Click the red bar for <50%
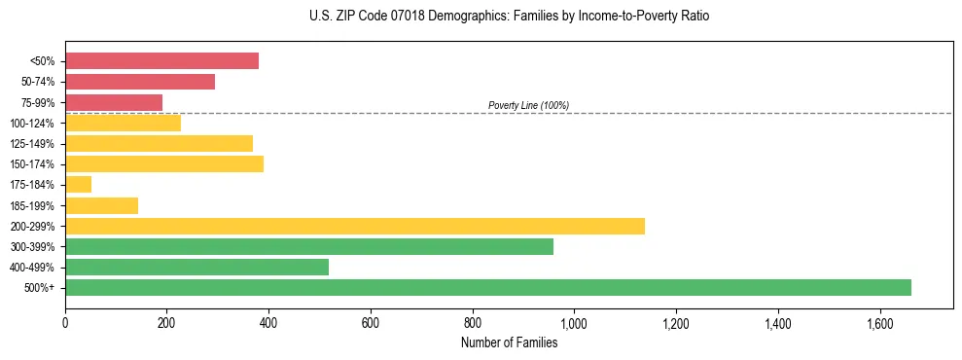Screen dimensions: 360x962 (161, 61)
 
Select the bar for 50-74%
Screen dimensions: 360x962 (140, 82)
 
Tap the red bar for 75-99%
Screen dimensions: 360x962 (114, 102)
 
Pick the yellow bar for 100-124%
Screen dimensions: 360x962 (123, 123)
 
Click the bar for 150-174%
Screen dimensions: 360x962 (164, 163)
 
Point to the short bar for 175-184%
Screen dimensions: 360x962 (78, 184)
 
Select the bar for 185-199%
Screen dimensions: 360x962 (101, 205)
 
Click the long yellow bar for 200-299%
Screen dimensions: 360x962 (355, 226)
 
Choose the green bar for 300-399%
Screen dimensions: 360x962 (309, 246)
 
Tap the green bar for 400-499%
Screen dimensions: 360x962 (196, 267)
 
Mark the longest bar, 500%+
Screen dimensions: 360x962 (488, 287)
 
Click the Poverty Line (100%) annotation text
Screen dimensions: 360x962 (528, 105)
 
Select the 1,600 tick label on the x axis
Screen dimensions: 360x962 (879, 322)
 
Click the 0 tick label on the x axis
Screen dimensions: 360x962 (65, 322)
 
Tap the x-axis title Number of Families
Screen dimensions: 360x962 (509, 342)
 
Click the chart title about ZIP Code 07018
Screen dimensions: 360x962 (509, 17)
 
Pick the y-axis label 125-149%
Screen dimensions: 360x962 (33, 144)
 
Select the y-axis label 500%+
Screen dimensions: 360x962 (39, 288)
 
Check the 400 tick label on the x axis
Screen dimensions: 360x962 (268, 322)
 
